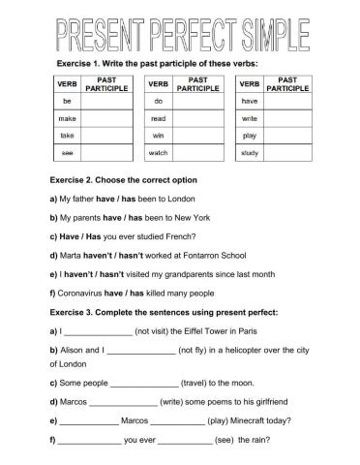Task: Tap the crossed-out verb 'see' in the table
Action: click(67, 152)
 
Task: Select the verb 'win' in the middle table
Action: click(161, 135)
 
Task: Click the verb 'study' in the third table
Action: click(250, 152)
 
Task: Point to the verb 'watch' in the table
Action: click(161, 152)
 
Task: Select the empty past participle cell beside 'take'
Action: click(106, 135)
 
